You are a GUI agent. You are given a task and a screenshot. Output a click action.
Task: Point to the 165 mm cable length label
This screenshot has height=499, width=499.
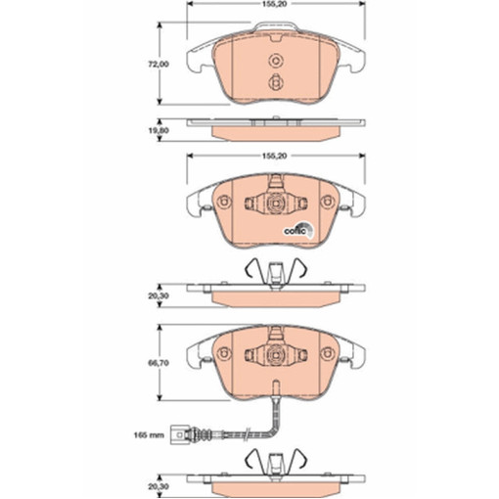coord(149,433)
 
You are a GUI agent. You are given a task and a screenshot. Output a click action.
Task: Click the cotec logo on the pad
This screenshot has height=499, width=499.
coord(298,230)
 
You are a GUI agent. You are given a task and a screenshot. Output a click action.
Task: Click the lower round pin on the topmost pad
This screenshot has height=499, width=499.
coord(276,82)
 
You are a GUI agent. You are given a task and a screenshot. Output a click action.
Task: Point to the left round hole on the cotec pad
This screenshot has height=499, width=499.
coord(224,204)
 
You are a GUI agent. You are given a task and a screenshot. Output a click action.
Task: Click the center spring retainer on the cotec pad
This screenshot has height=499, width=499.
coord(275,204)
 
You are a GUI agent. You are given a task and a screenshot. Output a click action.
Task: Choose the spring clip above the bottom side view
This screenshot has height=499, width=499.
coord(276,460)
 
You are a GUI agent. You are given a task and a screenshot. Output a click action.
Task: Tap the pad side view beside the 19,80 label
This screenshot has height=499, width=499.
coord(276,128)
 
